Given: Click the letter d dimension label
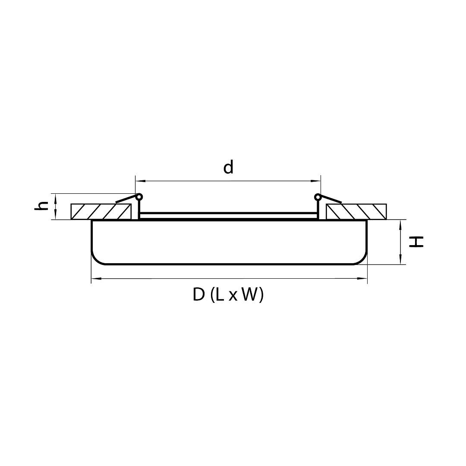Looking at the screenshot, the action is pos(228,167).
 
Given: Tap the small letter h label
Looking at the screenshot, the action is pos(41,206).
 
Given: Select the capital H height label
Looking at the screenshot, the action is pos(416,242).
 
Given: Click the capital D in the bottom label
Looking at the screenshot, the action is pos(199,295).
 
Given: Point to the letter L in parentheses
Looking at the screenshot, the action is pos(220,295).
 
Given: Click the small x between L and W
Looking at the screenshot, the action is pos(233,296).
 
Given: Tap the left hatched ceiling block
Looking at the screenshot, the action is pos(101,211).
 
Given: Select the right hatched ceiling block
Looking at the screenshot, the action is pos(356,211).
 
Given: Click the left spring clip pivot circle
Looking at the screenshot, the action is pos(139,197).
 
